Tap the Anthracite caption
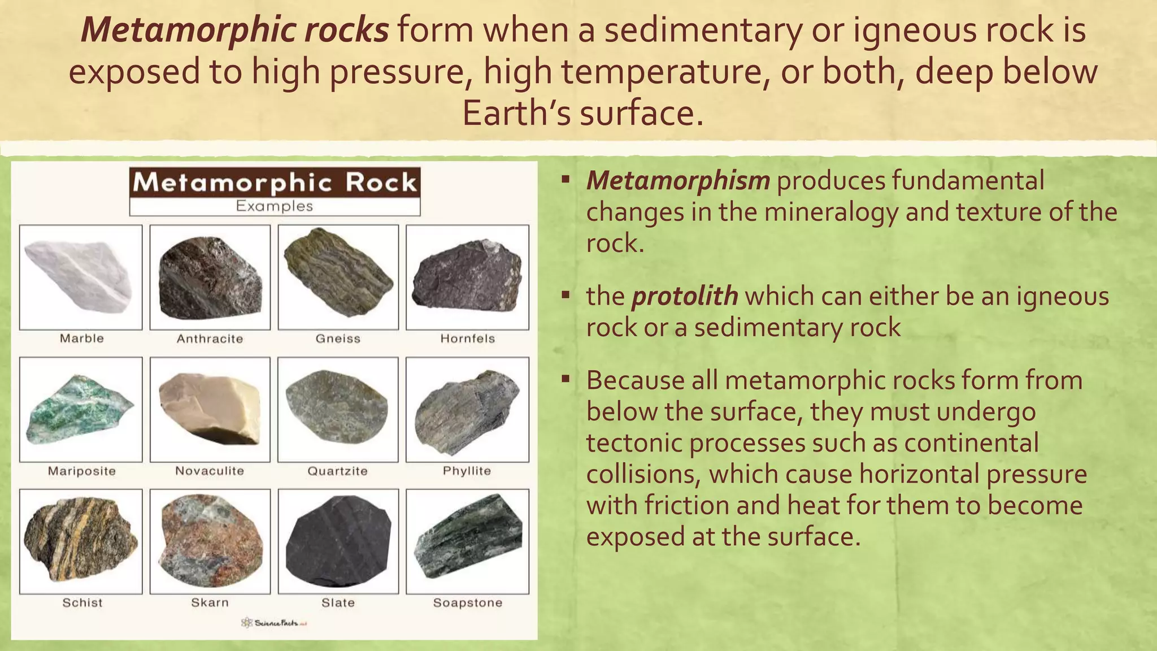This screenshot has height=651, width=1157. pos(210,339)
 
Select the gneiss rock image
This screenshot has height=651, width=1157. pos(338,272)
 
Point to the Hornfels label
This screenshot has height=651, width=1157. pos(468,339)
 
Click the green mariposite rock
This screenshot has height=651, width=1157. pos(79,410)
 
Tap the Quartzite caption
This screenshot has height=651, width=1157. pos(337,471)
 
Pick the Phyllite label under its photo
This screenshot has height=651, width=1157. pos(467,471)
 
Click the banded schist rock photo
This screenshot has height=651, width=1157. pos(80,540)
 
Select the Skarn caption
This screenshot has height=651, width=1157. pos(210,603)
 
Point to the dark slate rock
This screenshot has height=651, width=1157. pos(338,543)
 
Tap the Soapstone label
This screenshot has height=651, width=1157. pos(468,603)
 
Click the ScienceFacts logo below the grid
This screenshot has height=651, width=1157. pos(274,623)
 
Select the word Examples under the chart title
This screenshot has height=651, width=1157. pos(275,206)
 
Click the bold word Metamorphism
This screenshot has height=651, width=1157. pos(678,181)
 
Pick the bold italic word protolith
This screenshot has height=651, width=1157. pos(684,296)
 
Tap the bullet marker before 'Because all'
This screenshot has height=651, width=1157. pos(566,379)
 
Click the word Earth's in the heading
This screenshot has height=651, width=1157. pos(516,113)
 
